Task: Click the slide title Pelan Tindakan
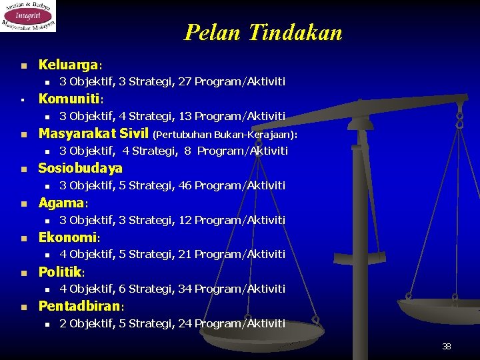pyautogui.click(x=263, y=32)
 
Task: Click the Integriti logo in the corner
pyautogui.click(x=28, y=16)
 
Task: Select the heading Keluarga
pyautogui.click(x=68, y=65)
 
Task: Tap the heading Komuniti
pyautogui.click(x=69, y=99)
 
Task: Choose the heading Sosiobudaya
pyautogui.click(x=81, y=168)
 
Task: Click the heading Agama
pyautogui.click(x=63, y=203)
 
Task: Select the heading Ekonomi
pyautogui.click(x=68, y=237)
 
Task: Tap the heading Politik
pyautogui.click(x=61, y=272)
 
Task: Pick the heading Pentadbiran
pyautogui.click(x=81, y=307)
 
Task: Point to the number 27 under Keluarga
pyautogui.click(x=185, y=81)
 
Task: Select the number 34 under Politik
pyautogui.click(x=185, y=289)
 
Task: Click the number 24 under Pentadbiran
pyautogui.click(x=185, y=323)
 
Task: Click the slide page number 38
pyautogui.click(x=447, y=347)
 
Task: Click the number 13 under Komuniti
pyautogui.click(x=185, y=116)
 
